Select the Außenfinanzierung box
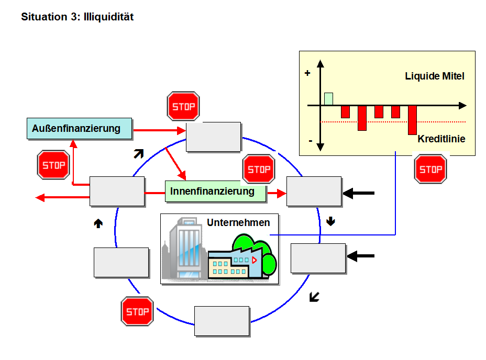click(79, 128)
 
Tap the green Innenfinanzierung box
click(212, 192)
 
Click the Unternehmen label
click(238, 222)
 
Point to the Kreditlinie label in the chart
click(441, 139)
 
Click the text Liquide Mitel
click(435, 76)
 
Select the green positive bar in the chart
click(328, 99)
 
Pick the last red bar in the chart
click(412, 119)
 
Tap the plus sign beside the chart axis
click(307, 74)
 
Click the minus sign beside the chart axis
click(310, 141)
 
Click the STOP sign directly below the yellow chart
click(430, 168)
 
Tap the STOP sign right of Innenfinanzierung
click(259, 170)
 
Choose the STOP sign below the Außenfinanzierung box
click(53, 165)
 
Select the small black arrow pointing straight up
click(98, 223)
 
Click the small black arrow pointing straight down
click(330, 221)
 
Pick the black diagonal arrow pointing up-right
click(138, 153)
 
